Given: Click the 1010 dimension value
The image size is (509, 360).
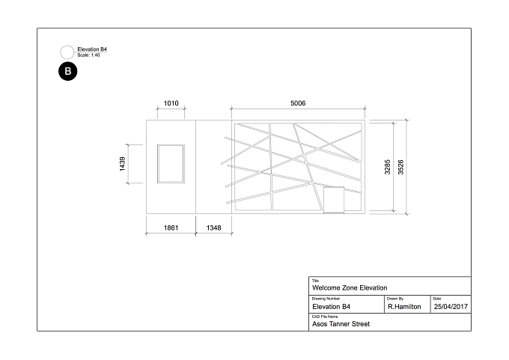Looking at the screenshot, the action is pyautogui.click(x=171, y=103).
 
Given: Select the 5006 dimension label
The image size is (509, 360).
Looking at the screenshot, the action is pyautogui.click(x=298, y=103).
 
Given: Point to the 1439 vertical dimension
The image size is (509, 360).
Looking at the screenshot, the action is pyautogui.click(x=122, y=164).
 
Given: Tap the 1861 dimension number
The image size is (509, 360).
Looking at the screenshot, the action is pyautogui.click(x=171, y=228).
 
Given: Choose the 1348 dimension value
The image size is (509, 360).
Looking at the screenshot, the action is pyautogui.click(x=213, y=228).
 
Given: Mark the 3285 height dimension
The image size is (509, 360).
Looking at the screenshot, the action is pyautogui.click(x=387, y=167).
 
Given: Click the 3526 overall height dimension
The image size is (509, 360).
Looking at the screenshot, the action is pyautogui.click(x=401, y=167).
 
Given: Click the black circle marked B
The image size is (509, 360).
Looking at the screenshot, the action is pyautogui.click(x=68, y=71).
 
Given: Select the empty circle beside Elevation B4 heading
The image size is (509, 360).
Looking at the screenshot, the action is pyautogui.click(x=67, y=52).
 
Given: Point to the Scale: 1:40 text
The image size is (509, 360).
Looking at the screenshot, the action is pyautogui.click(x=88, y=55).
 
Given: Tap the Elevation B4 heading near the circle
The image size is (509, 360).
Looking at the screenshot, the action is pyautogui.click(x=92, y=49).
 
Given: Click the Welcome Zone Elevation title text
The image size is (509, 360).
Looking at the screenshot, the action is pyautogui.click(x=350, y=288).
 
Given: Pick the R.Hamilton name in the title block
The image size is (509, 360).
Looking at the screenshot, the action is pyautogui.click(x=404, y=307).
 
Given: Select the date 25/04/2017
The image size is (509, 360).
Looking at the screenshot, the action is pyautogui.click(x=451, y=307).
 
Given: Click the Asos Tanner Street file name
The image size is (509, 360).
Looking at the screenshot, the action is pyautogui.click(x=341, y=324).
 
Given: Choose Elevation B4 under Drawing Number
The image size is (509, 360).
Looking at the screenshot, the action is pyautogui.click(x=331, y=307).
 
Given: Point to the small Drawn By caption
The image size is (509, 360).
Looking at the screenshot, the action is pyautogui.click(x=395, y=299).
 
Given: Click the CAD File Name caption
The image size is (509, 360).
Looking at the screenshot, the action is pyautogui.click(x=325, y=317).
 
